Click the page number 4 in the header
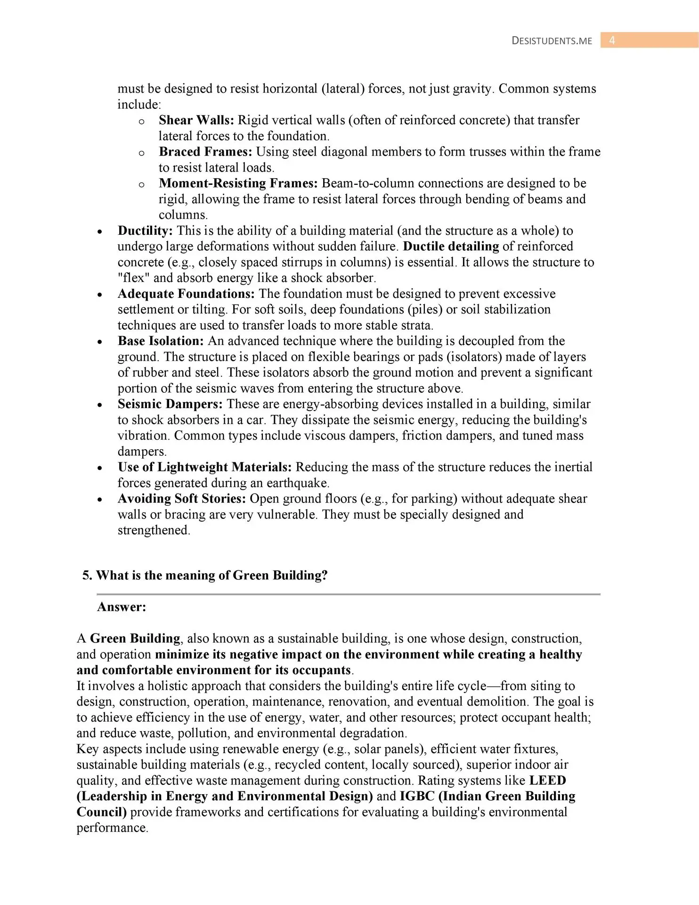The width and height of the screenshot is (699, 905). (x=612, y=41)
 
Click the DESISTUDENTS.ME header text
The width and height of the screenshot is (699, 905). (x=552, y=41)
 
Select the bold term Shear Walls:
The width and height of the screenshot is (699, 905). (x=196, y=120)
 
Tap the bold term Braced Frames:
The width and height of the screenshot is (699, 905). (x=205, y=152)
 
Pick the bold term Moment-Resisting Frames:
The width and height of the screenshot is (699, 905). (x=238, y=183)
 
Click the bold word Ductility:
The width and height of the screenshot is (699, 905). (x=145, y=231)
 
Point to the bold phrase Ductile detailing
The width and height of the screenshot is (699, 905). (x=451, y=247)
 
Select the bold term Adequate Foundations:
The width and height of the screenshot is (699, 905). (x=186, y=294)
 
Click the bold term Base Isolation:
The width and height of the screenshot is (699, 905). (x=161, y=341)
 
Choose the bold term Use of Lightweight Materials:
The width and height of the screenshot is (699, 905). (x=204, y=467)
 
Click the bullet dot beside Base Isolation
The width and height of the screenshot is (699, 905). (x=100, y=342)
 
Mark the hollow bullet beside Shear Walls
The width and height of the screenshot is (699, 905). (x=141, y=122)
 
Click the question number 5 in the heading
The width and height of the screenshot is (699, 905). (x=86, y=576)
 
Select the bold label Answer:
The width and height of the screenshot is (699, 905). (x=122, y=607)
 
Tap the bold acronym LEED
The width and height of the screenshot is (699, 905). (x=547, y=781)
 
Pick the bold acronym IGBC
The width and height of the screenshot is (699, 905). (x=417, y=797)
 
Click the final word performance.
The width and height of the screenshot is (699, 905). (x=112, y=828)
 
